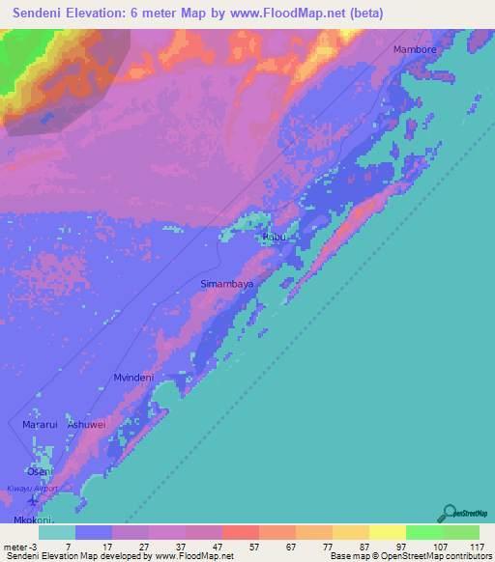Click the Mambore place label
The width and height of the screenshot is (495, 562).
pyautogui.click(x=415, y=48)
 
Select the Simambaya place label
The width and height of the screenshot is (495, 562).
pyautogui.click(x=226, y=285)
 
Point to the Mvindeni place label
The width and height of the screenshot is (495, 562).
pyautogui.click(x=134, y=378)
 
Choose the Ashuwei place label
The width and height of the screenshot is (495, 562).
pyautogui.click(x=85, y=424)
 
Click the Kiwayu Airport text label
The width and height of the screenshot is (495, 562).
pyautogui.click(x=33, y=489)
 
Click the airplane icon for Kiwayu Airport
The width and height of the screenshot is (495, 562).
pyautogui.click(x=36, y=501)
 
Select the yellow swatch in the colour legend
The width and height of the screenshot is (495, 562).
pyautogui.click(x=387, y=531)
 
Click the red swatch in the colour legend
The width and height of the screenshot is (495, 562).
pyautogui.click(x=240, y=531)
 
